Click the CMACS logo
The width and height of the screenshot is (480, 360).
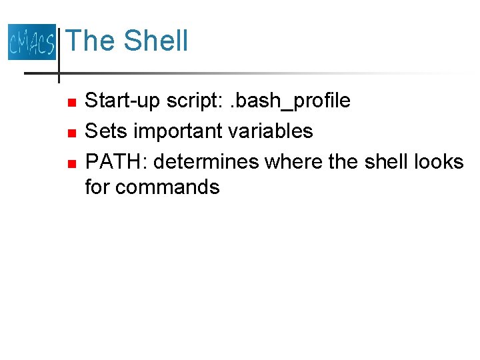[31, 41]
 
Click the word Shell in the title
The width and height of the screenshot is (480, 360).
[156, 41]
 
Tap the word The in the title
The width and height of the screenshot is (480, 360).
[91, 41]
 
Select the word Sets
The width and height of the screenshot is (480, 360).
[107, 131]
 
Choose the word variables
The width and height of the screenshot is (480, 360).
[271, 131]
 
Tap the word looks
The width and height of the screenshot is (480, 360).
[438, 161]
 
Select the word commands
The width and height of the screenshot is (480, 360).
[168, 187]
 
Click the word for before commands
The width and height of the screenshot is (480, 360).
[97, 187]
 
